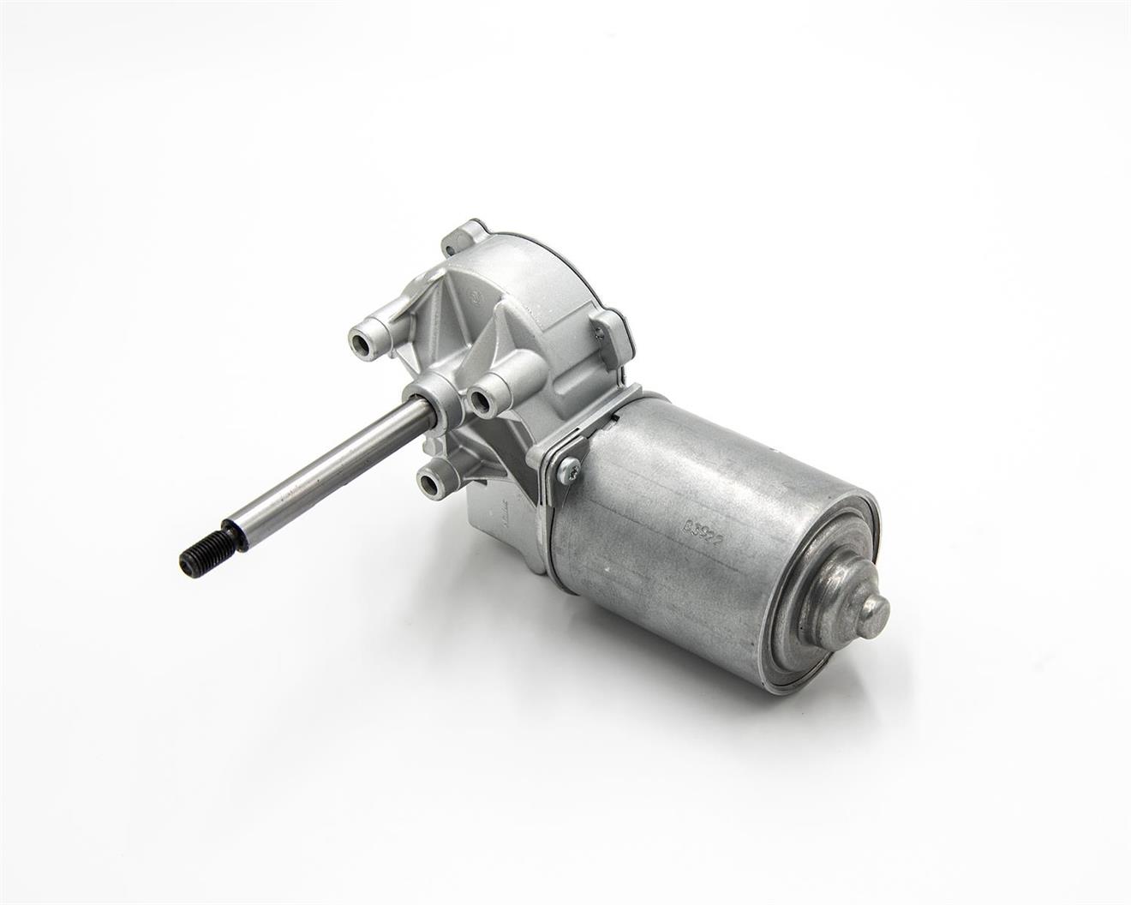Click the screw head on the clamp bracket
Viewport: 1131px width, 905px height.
pos(567,468)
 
